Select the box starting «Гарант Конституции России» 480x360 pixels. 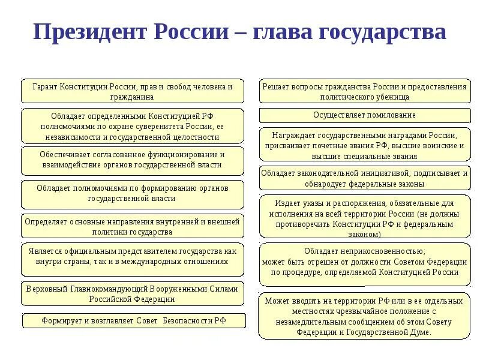(133, 91)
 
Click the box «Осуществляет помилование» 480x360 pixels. (364, 115)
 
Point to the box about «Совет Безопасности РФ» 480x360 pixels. (134, 321)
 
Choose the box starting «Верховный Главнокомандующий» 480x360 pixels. (133, 293)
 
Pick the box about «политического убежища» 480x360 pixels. (364, 91)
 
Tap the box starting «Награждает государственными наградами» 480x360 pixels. (364, 145)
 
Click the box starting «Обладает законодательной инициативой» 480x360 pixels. (364, 178)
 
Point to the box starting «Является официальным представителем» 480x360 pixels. (133, 256)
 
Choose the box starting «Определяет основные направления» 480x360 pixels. (133, 226)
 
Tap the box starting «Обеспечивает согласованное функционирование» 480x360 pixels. (133, 159)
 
